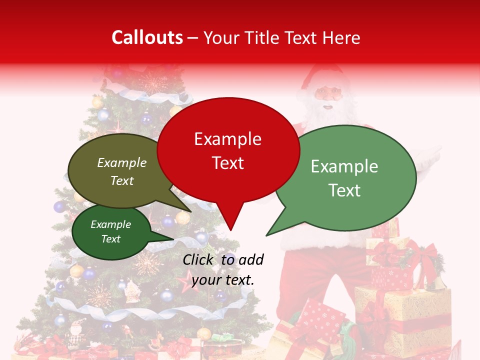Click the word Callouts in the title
coord(147,37)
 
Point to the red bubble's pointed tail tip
coord(230,230)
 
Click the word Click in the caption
coord(199,259)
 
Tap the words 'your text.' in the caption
coord(223,280)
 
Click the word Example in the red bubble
coord(228,139)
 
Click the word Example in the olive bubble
coord(122,163)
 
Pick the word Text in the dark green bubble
coord(111,239)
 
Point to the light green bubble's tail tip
coord(266,235)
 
